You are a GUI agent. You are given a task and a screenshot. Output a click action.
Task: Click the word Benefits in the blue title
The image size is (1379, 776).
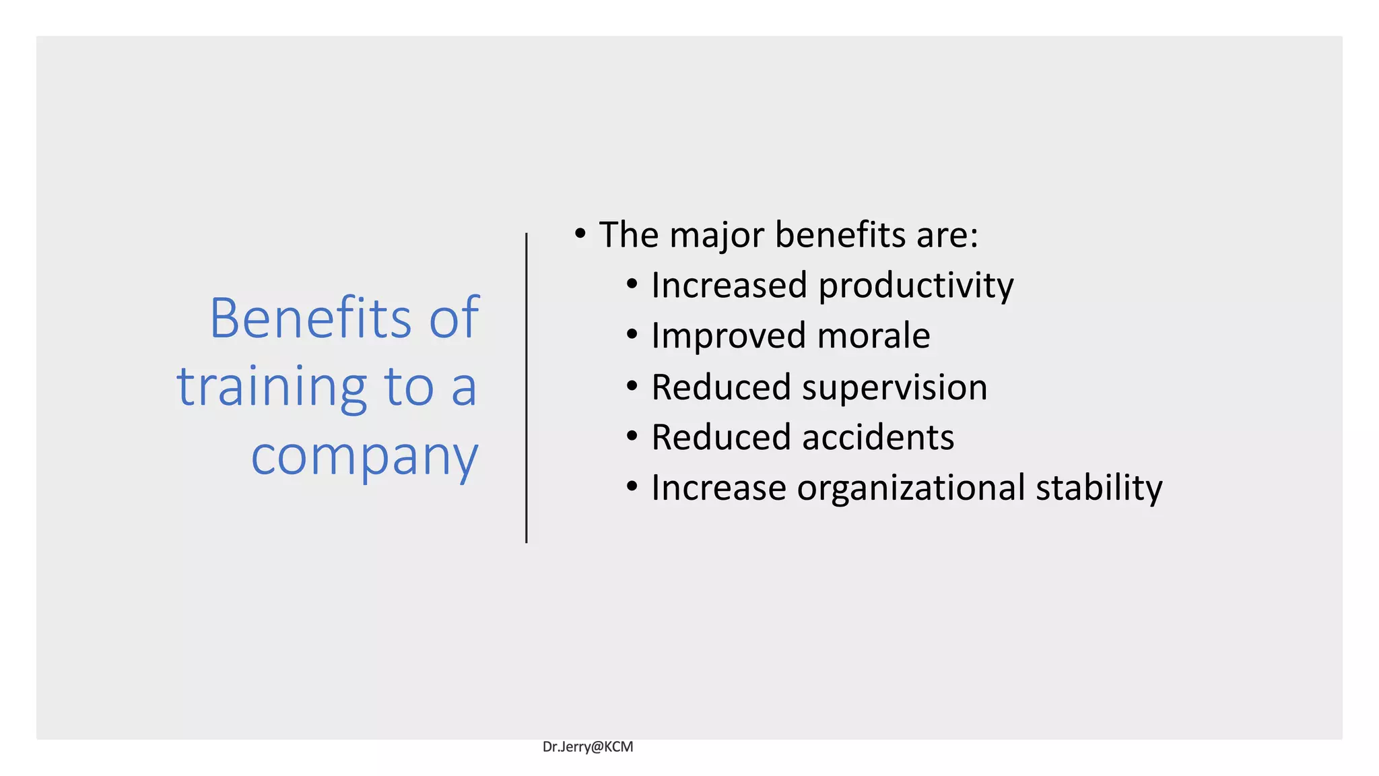coord(310,318)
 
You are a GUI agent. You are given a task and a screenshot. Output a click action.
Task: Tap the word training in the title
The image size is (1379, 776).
coord(272,388)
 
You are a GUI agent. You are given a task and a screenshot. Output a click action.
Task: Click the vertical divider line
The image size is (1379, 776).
coord(526,388)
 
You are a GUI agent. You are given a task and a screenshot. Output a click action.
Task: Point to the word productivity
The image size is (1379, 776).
coord(916,286)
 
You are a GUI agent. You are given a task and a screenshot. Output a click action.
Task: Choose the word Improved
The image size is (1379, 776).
coord(729,336)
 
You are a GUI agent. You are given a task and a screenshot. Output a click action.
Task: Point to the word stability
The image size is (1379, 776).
coord(1098,488)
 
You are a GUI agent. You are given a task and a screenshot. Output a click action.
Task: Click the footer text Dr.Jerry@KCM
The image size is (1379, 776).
coord(588,746)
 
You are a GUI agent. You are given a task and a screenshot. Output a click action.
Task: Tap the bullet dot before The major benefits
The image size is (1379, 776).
coord(580,234)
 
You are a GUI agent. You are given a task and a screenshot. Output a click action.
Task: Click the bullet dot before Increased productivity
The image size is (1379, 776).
coord(632,284)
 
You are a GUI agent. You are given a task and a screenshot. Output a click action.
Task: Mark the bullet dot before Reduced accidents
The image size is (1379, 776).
coord(632,437)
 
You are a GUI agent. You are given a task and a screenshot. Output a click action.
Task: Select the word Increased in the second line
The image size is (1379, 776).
coord(729,285)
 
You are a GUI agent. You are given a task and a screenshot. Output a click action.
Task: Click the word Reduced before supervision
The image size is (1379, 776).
coord(720,387)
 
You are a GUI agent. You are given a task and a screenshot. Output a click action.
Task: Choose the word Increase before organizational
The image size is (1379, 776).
coord(718,488)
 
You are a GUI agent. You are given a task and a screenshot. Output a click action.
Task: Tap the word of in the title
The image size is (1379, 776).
coord(455,318)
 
